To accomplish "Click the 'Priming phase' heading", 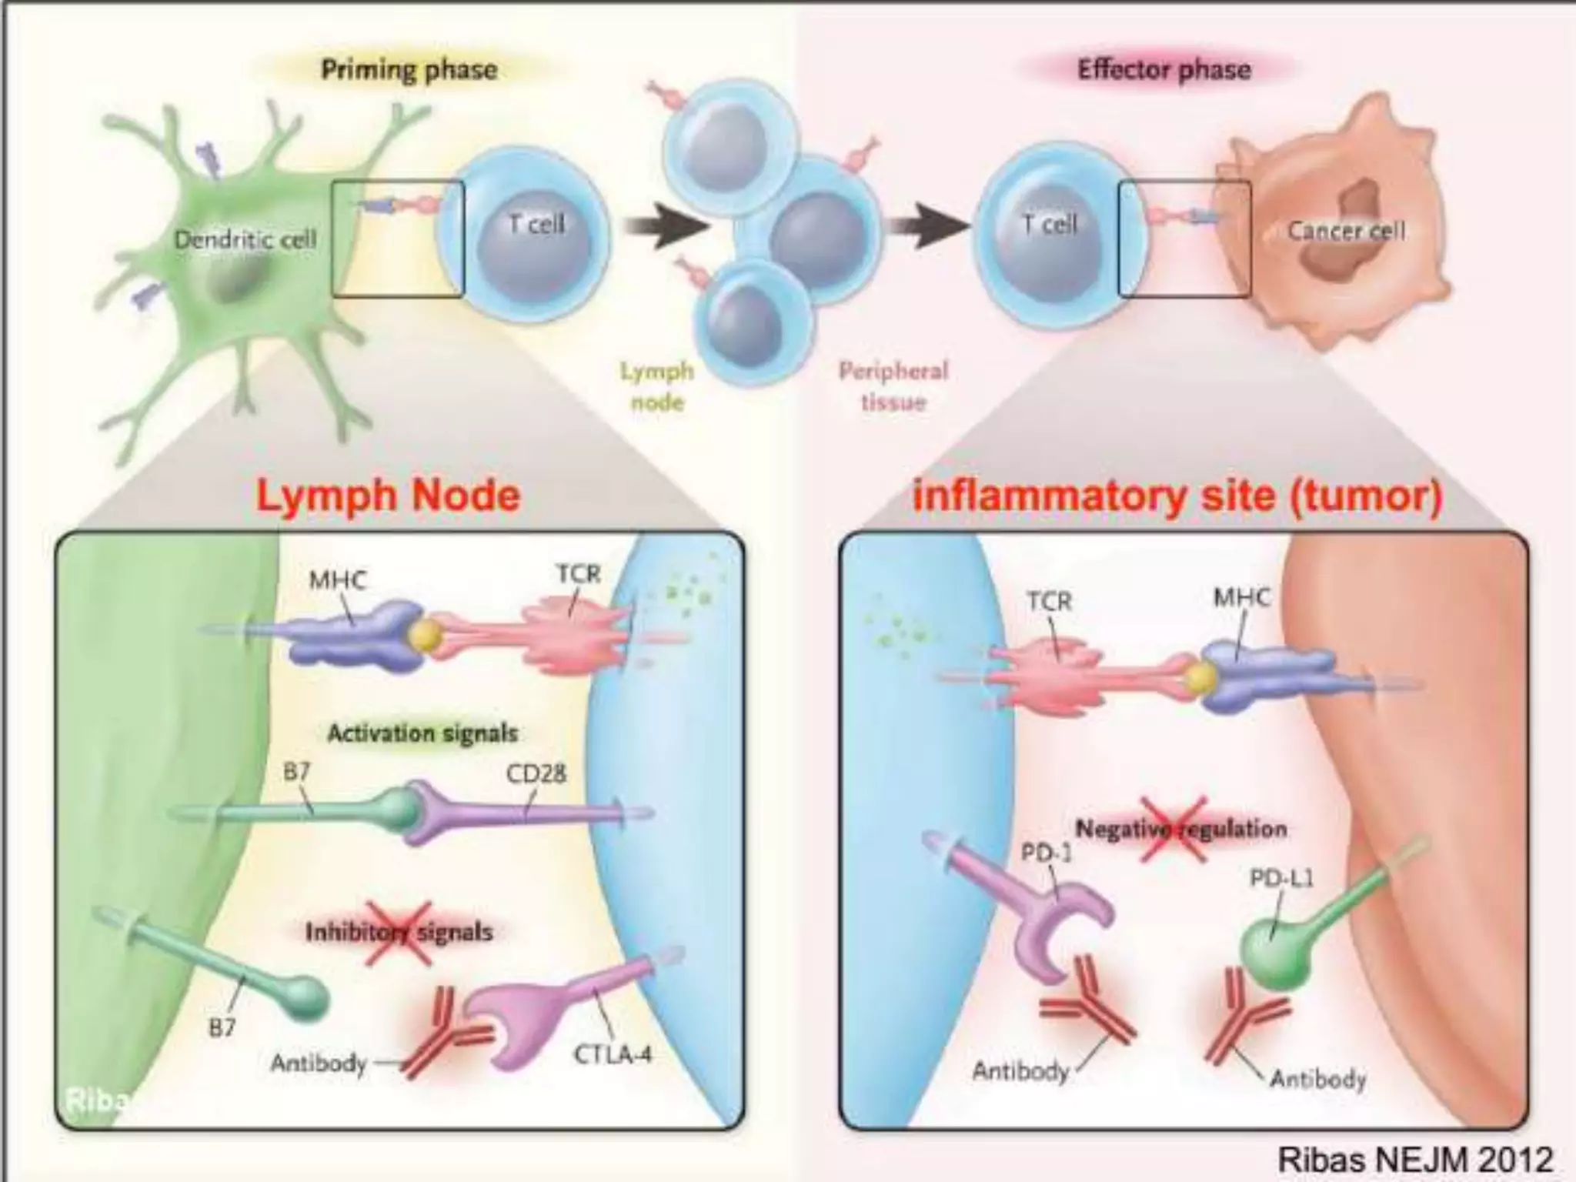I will click(409, 70).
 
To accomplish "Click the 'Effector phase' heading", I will click(1164, 70).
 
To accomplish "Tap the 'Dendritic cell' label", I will click(245, 239).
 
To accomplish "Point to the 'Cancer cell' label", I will click(1346, 230).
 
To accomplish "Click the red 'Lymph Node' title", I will click(388, 495).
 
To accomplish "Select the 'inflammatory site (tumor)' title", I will click(1177, 495).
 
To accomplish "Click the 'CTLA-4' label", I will click(613, 1053).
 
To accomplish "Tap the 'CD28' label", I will click(536, 772).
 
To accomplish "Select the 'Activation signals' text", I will click(422, 733).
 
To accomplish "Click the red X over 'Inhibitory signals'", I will click(398, 933).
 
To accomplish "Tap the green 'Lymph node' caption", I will click(657, 386).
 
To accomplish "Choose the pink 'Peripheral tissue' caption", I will click(893, 386).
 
